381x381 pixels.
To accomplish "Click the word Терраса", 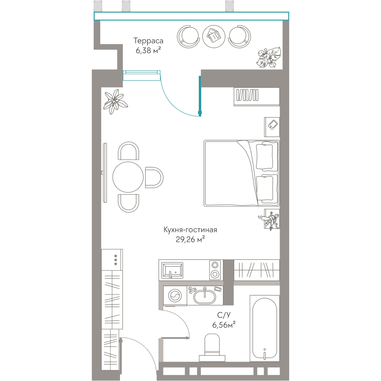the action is point(148,41).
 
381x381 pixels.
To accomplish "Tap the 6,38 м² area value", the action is point(148,50).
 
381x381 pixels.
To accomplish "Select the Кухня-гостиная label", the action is point(190,230).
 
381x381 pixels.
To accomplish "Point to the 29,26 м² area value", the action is point(190,239).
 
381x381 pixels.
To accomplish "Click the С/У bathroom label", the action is point(224,315).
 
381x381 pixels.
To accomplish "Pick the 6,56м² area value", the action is point(224,325).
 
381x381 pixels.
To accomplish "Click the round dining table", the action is point(128,177).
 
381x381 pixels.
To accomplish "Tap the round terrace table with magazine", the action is point(214,37).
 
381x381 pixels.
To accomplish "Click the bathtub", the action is point(265,328).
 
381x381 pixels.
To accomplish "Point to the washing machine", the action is point(175,296).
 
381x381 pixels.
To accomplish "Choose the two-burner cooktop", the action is point(215,270).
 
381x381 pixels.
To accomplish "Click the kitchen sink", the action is point(172,270).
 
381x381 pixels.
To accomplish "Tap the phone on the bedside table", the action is point(273,125).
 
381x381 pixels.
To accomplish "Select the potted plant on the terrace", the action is point(269,57).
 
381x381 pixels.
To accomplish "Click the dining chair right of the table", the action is point(154,178).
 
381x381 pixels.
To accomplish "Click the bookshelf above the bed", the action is point(256,97).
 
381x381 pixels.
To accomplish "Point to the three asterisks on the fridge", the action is point(116,260).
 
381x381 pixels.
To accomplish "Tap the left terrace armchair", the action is point(188,37).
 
